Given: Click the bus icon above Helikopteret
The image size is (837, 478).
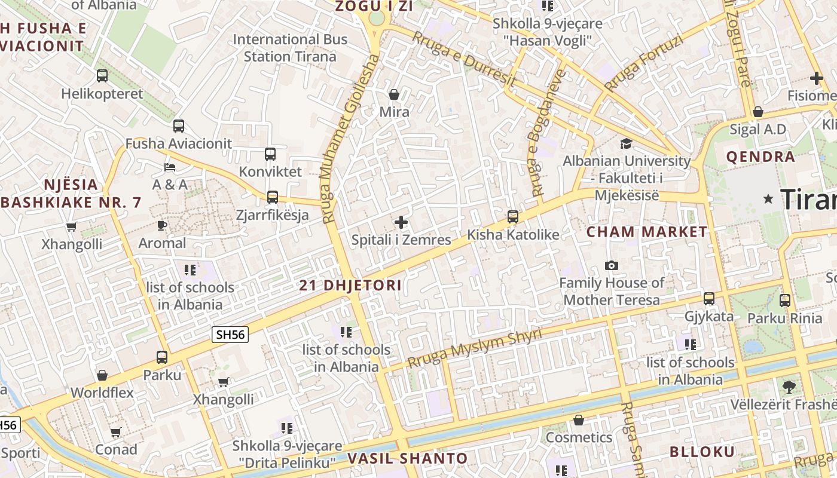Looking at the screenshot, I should point(102,76).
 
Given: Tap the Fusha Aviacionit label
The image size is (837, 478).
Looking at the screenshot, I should point(178,143).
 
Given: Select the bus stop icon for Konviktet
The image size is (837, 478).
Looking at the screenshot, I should point(270,154).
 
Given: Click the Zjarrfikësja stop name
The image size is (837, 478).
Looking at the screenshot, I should point(272,215).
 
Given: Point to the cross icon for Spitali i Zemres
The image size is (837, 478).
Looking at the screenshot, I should point(401,223).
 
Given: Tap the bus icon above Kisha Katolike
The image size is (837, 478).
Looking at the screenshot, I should point(513,217).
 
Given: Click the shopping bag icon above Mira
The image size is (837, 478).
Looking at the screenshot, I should point(394,94).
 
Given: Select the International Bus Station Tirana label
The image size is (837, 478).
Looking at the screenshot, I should point(290,48).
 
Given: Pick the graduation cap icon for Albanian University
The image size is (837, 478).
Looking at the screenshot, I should point(626,144).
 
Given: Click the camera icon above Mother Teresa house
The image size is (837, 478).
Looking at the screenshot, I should point(612,265).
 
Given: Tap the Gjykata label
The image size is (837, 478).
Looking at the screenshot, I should point(708,316).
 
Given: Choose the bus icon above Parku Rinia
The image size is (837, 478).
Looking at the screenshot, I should point(785,301).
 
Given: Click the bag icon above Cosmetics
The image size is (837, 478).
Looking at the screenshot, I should point(578,421).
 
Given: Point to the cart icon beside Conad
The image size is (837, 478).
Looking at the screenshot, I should point(116,432).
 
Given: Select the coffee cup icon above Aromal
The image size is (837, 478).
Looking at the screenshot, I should point(162,226).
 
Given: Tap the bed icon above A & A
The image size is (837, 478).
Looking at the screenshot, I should point(170,167).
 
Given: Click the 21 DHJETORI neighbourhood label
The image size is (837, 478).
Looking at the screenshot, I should point(350,285).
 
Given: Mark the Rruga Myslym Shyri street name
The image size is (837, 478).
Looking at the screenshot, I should point(475,348).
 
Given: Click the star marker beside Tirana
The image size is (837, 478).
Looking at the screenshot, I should point(768,198).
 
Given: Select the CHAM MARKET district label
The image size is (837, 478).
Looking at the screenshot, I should point(647,232).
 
